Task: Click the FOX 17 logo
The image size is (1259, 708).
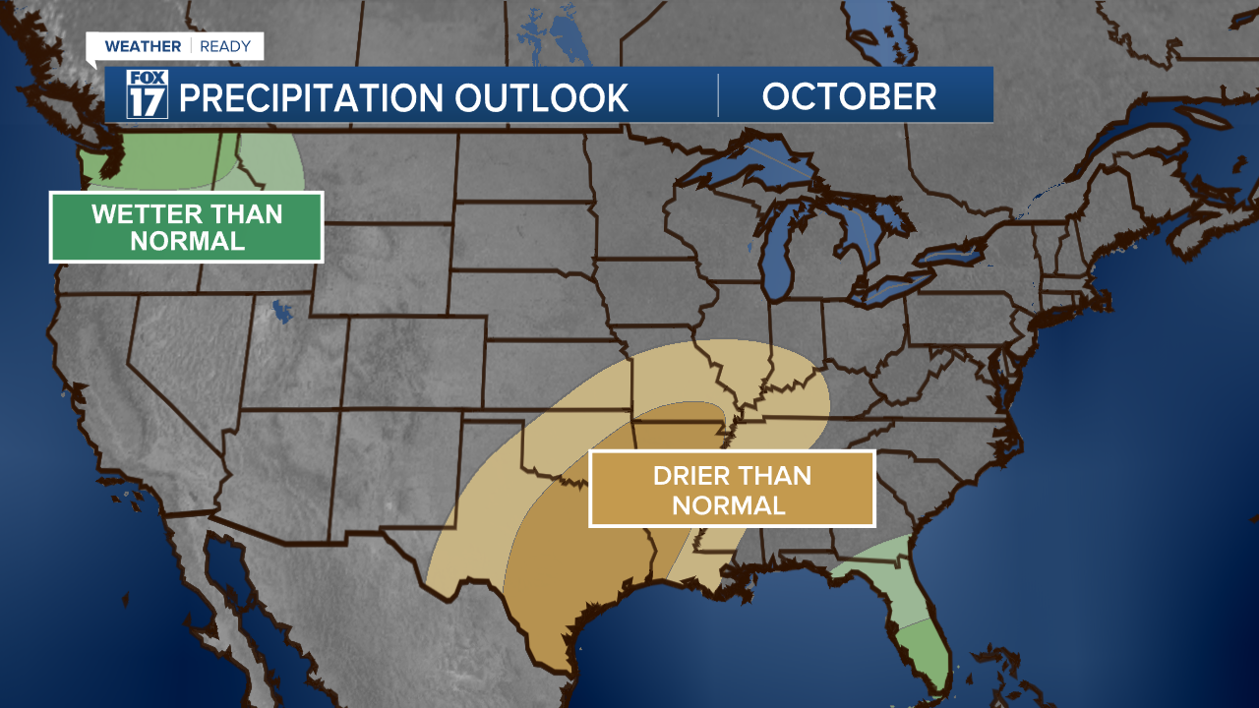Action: click(x=148, y=94)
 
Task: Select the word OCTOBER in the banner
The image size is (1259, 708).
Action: click(x=849, y=96)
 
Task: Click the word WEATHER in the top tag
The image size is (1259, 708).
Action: click(x=143, y=46)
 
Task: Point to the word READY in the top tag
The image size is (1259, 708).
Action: click(x=225, y=46)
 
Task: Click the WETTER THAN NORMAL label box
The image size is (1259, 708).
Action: click(x=187, y=227)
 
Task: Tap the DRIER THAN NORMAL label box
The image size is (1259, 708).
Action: click(x=732, y=490)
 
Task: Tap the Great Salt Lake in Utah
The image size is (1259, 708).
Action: click(x=283, y=312)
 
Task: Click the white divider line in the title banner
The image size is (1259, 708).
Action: click(x=718, y=95)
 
